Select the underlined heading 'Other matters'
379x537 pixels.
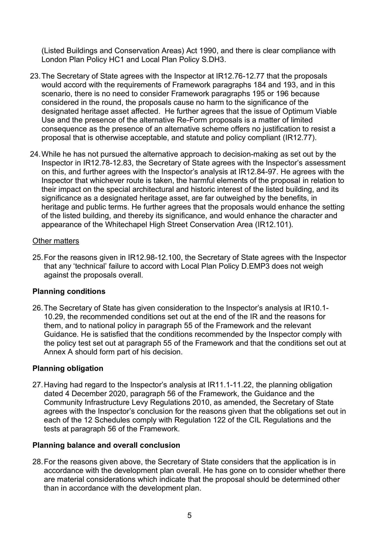56,241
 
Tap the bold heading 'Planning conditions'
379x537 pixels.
69,291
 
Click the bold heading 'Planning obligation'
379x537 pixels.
68,368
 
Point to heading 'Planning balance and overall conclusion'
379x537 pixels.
106,445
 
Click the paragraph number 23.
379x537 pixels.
35,76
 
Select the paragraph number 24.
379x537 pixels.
35,154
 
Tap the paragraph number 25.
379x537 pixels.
38,257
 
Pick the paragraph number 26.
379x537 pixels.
38,308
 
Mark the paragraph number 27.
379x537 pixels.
38,385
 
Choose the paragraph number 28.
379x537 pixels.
38,462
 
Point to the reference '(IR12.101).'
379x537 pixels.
274,225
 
